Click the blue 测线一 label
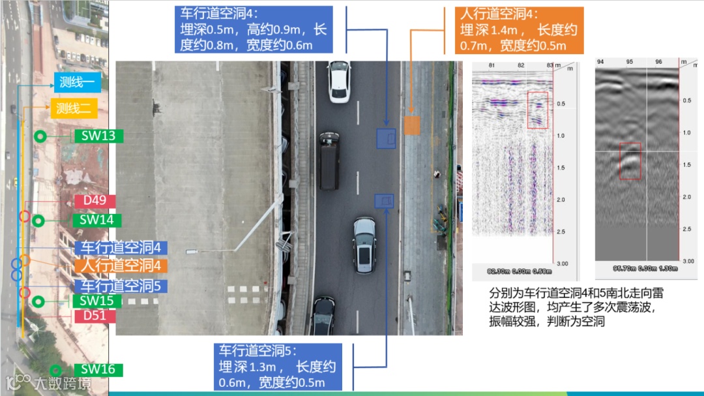click(77, 83)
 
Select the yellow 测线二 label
click(74, 108)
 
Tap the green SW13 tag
click(98, 136)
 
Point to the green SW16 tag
click(98, 370)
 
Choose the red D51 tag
click(95, 316)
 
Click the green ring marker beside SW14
click(38, 221)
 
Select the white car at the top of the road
click(340, 82)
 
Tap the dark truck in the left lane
click(329, 160)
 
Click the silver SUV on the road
click(364, 245)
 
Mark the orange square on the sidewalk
click(411, 125)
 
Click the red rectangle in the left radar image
click(538, 110)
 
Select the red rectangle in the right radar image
click(630, 160)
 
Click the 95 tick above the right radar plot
click(630, 62)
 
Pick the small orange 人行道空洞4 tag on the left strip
click(121, 266)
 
